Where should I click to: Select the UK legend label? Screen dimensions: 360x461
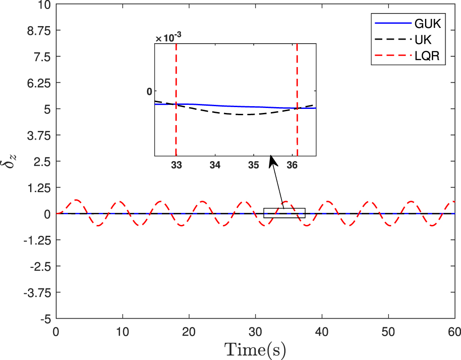point(423,40)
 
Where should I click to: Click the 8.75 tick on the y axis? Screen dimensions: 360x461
point(40,31)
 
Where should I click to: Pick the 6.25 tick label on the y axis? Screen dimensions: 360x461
point(40,83)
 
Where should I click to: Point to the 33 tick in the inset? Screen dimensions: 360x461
point(176,165)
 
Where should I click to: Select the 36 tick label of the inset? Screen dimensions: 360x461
point(292,165)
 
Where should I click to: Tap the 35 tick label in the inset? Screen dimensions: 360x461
point(253,165)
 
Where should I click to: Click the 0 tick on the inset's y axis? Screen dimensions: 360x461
point(149,91)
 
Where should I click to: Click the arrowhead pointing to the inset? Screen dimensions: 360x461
point(271,159)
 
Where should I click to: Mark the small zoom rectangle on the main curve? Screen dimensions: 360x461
point(284,213)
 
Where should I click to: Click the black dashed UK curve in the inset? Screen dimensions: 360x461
point(243,114)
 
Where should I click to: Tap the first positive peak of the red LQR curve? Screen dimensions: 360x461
point(77,200)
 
